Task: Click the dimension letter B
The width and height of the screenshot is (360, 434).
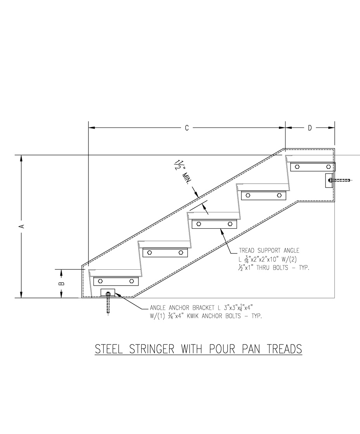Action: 62,283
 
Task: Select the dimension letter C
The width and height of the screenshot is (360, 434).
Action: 187,128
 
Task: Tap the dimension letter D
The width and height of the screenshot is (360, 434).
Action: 310,128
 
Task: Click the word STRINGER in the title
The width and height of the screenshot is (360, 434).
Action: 152,349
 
